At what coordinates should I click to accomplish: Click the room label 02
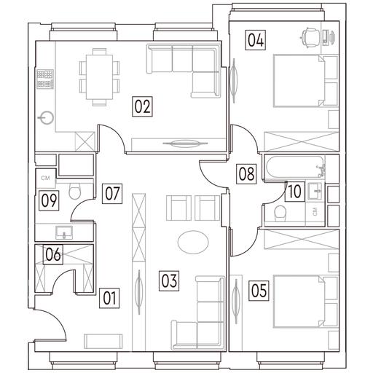(x=142, y=106)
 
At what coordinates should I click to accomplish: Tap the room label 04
(x=255, y=40)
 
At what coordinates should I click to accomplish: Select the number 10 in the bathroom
(x=294, y=191)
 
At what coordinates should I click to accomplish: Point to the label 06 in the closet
(x=53, y=254)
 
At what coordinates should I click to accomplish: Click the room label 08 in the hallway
(x=246, y=173)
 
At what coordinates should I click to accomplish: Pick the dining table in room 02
(x=100, y=77)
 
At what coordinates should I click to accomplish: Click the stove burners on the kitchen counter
(x=45, y=79)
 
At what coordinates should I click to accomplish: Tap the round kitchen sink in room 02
(x=47, y=118)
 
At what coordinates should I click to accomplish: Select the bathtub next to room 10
(x=295, y=167)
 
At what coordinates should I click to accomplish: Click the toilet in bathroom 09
(x=74, y=191)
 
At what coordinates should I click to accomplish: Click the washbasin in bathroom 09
(x=64, y=232)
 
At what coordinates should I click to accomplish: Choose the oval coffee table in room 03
(x=193, y=242)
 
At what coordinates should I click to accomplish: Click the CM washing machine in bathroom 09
(x=45, y=178)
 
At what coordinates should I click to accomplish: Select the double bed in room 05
(x=299, y=301)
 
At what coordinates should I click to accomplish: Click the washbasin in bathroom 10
(x=315, y=191)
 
